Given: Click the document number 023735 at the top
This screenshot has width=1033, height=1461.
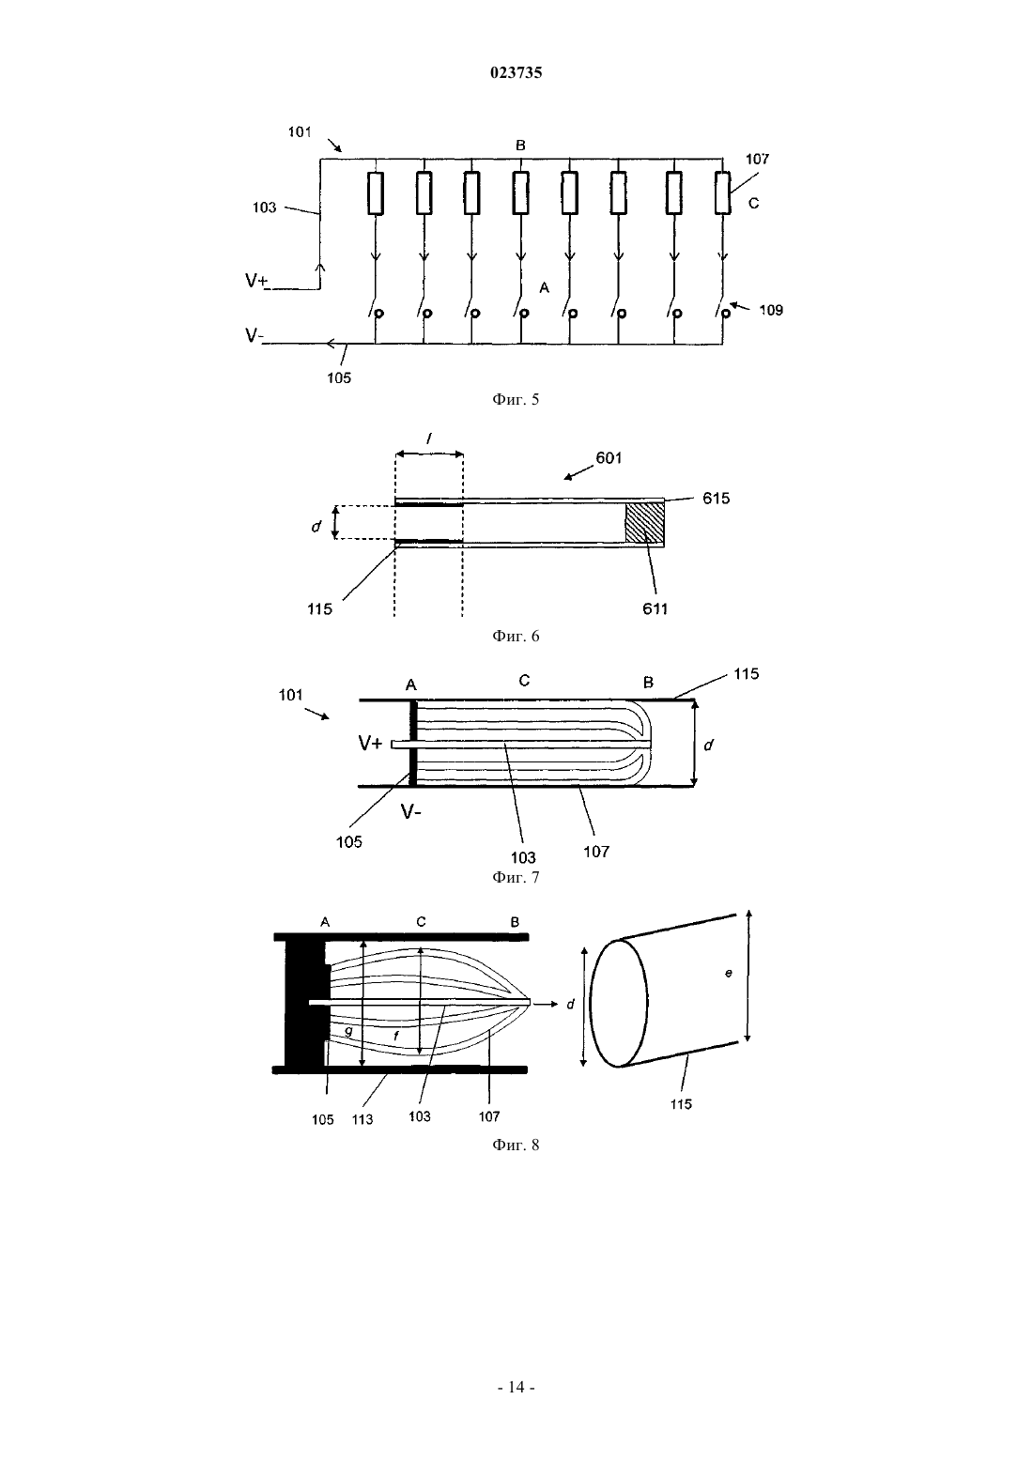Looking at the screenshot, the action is (x=516, y=72).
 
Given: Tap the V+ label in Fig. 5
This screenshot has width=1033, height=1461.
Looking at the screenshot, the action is (x=256, y=281).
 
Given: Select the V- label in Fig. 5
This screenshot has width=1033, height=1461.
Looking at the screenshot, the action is (x=254, y=335).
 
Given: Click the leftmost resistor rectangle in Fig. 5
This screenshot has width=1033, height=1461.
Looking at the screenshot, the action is (x=375, y=193).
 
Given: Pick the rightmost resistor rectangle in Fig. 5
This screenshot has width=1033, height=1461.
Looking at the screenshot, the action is (x=722, y=193).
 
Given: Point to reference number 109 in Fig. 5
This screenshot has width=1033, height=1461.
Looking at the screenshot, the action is (x=771, y=311).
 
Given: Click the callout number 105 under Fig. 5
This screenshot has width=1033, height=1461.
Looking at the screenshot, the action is (x=339, y=378).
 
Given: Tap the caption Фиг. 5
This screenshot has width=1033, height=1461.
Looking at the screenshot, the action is (x=516, y=399).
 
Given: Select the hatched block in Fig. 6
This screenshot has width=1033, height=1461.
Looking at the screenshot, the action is (x=644, y=523).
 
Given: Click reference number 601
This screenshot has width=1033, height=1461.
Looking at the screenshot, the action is (x=609, y=458).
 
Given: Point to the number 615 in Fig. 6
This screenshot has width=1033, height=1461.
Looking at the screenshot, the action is (x=716, y=499).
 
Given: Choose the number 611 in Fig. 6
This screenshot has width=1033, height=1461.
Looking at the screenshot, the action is (x=655, y=609).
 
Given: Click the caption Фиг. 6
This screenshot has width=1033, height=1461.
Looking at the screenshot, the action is (x=516, y=636).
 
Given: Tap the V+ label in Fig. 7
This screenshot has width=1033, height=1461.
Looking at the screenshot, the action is (x=370, y=743).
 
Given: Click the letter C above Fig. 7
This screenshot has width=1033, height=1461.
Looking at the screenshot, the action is (x=524, y=681).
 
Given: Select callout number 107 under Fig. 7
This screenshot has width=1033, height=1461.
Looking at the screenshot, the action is (x=596, y=852).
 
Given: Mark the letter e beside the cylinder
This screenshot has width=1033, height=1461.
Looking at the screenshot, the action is (x=729, y=973).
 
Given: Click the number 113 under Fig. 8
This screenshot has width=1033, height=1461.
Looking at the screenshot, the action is (x=362, y=1119).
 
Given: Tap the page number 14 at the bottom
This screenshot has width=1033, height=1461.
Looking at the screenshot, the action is (x=516, y=1387).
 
